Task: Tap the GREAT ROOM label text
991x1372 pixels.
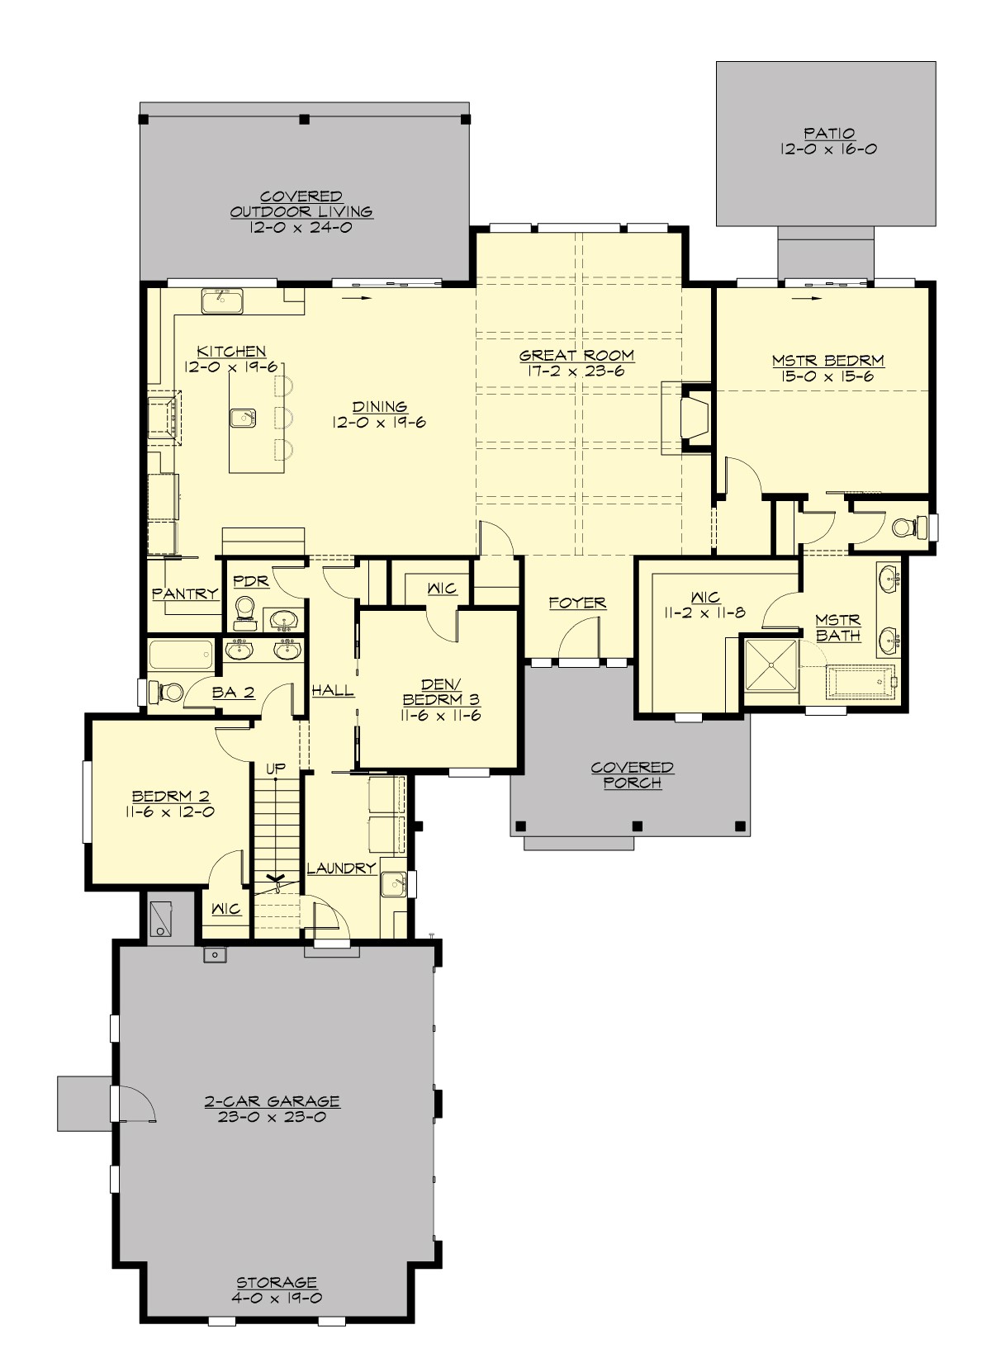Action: [576, 356]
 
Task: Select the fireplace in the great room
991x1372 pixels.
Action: [692, 416]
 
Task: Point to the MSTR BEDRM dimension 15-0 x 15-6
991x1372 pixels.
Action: [827, 377]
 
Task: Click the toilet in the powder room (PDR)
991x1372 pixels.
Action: [244, 609]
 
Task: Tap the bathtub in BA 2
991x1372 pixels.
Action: [181, 656]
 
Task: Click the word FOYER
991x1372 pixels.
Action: [577, 603]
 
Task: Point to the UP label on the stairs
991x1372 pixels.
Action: [276, 769]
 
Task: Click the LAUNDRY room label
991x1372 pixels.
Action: [342, 868]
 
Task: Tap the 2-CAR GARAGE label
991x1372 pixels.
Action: [272, 1101]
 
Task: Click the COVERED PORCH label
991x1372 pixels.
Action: [632, 775]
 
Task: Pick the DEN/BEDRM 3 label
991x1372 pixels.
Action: [441, 692]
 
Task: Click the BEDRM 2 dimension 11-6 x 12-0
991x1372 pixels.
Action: [170, 812]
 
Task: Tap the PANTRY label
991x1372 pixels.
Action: [185, 594]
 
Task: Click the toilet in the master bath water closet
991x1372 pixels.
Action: [903, 526]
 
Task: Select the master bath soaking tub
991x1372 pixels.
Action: [861, 682]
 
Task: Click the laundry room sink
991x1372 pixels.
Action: [393, 883]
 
